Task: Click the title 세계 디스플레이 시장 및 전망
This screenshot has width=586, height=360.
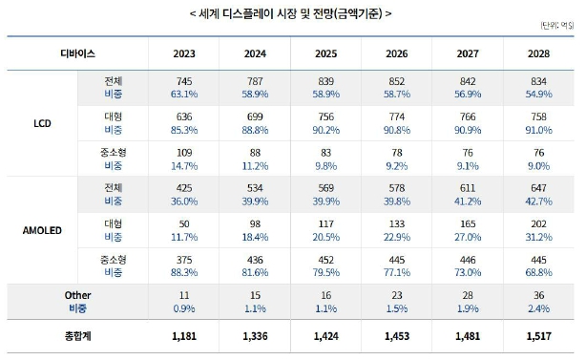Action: [292, 13]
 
